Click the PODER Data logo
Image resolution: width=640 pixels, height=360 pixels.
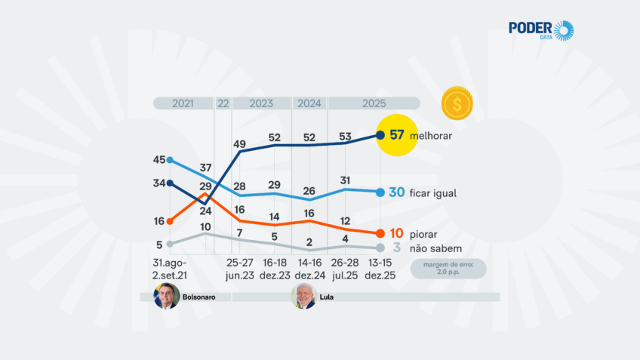540,30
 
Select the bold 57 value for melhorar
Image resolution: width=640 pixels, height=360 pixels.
398,136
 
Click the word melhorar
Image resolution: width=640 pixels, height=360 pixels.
435,137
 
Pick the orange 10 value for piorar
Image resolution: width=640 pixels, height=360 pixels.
397,234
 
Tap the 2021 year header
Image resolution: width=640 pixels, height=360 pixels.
183,103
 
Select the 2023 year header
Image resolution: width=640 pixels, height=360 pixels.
261,103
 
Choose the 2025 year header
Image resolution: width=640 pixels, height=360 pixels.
374,103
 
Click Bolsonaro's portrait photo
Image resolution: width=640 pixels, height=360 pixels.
166,297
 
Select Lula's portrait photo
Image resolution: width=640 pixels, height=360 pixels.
303,297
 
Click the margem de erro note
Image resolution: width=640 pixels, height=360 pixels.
449,269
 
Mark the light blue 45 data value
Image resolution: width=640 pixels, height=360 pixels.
159,159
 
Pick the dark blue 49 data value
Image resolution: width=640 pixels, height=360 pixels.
240,144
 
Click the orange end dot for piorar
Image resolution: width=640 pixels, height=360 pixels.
380,233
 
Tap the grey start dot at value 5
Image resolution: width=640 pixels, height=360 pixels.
171,243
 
